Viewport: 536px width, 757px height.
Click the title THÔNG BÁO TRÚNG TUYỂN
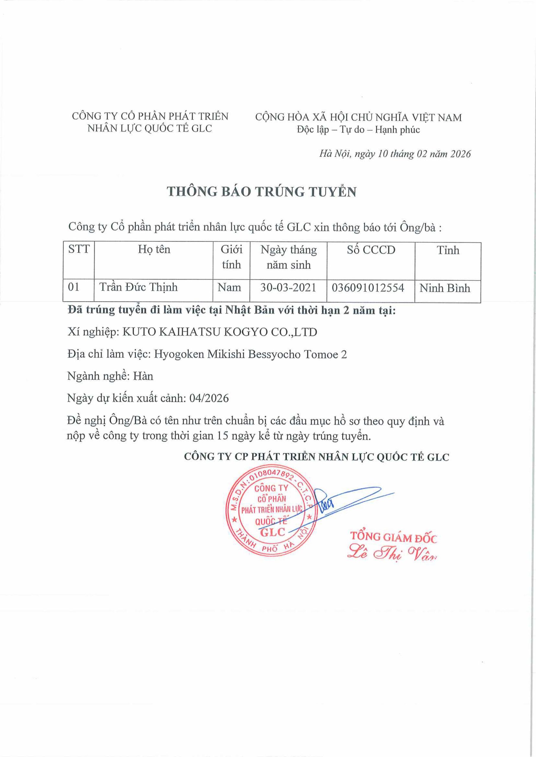point(262,192)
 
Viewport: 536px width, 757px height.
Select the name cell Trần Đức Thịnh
point(139,287)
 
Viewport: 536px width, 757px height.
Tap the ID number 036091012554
point(368,288)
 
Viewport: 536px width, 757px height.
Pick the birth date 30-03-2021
point(288,287)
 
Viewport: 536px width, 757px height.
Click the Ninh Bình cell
point(445,288)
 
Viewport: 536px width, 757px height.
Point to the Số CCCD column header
point(371,250)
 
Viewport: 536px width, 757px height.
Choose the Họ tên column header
point(154,250)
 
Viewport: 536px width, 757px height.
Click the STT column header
point(79,249)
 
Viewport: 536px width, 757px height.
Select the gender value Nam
point(229,287)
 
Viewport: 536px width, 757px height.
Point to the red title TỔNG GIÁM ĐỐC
point(393,537)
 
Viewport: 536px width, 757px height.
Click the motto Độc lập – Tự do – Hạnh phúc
point(358,130)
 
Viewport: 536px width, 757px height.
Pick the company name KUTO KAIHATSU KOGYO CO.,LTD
point(220,332)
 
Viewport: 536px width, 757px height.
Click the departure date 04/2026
point(209,398)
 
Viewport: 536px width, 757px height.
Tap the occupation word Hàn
point(143,376)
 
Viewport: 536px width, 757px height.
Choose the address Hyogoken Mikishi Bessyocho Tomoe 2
point(250,355)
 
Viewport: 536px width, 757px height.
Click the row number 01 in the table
point(74,287)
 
